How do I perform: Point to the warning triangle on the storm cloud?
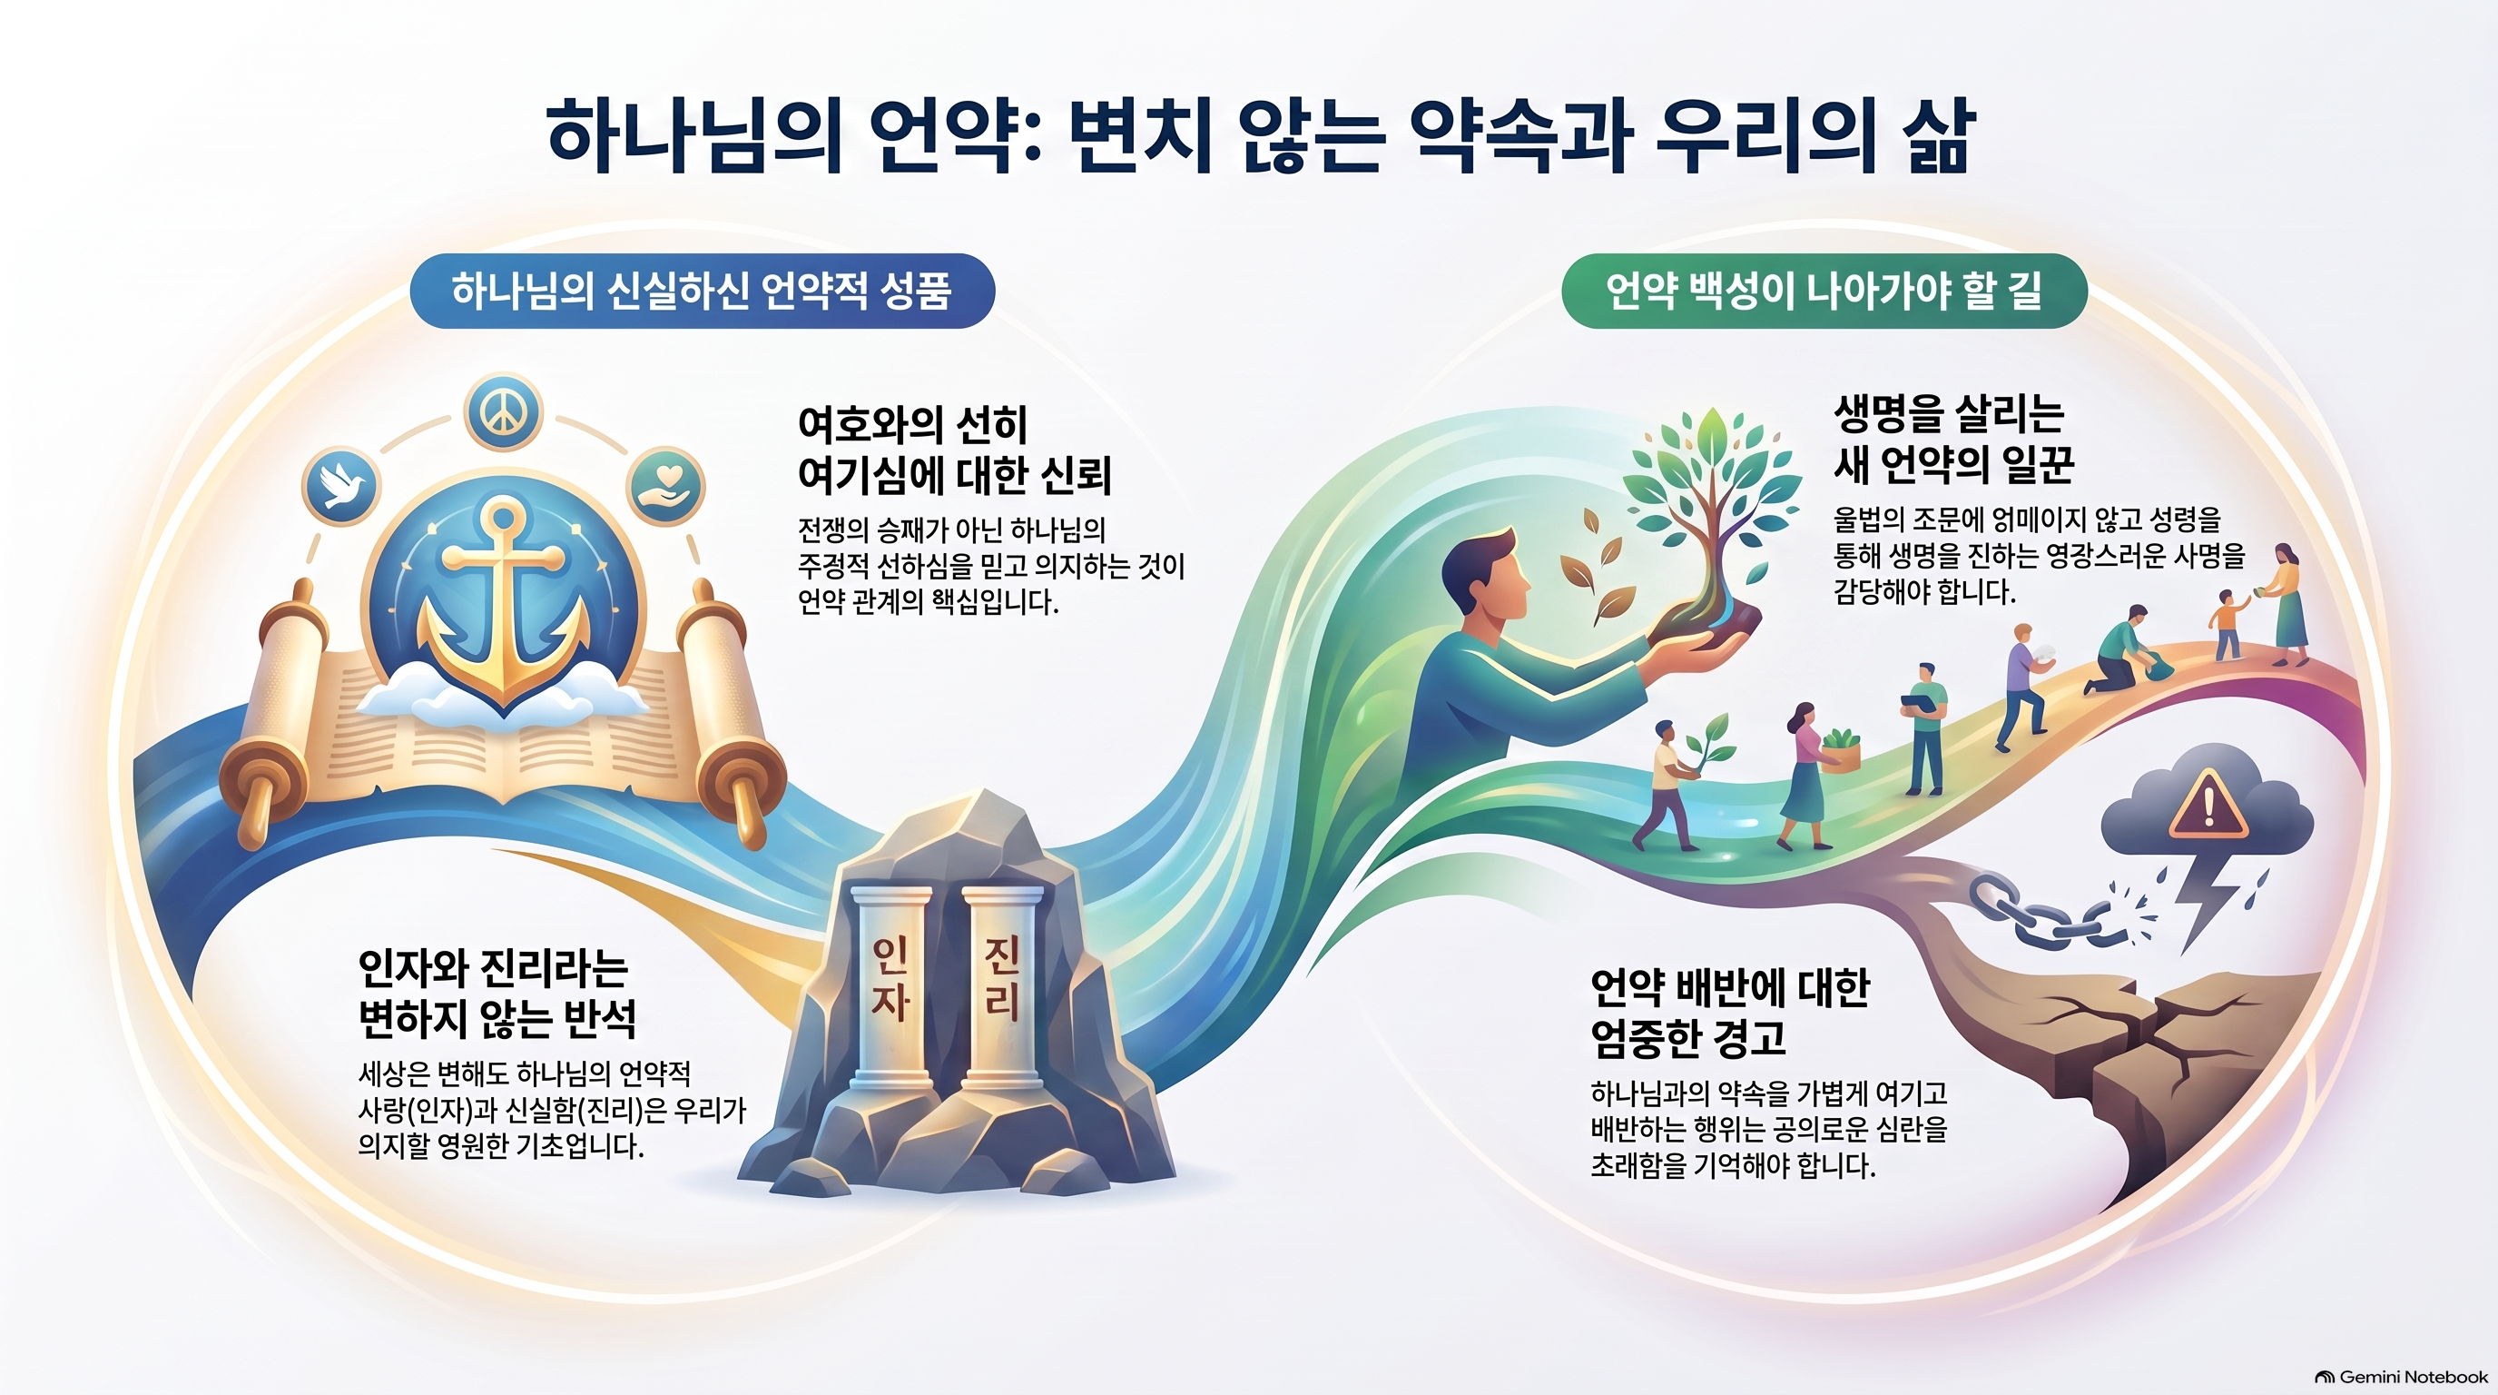coord(2208,806)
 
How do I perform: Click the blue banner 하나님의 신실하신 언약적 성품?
coord(702,291)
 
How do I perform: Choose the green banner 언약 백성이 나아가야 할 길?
coord(1824,291)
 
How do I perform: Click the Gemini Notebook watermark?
coord(2399,1377)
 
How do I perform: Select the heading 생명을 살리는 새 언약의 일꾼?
coord(1953,440)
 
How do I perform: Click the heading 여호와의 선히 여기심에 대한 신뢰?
coord(954,450)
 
